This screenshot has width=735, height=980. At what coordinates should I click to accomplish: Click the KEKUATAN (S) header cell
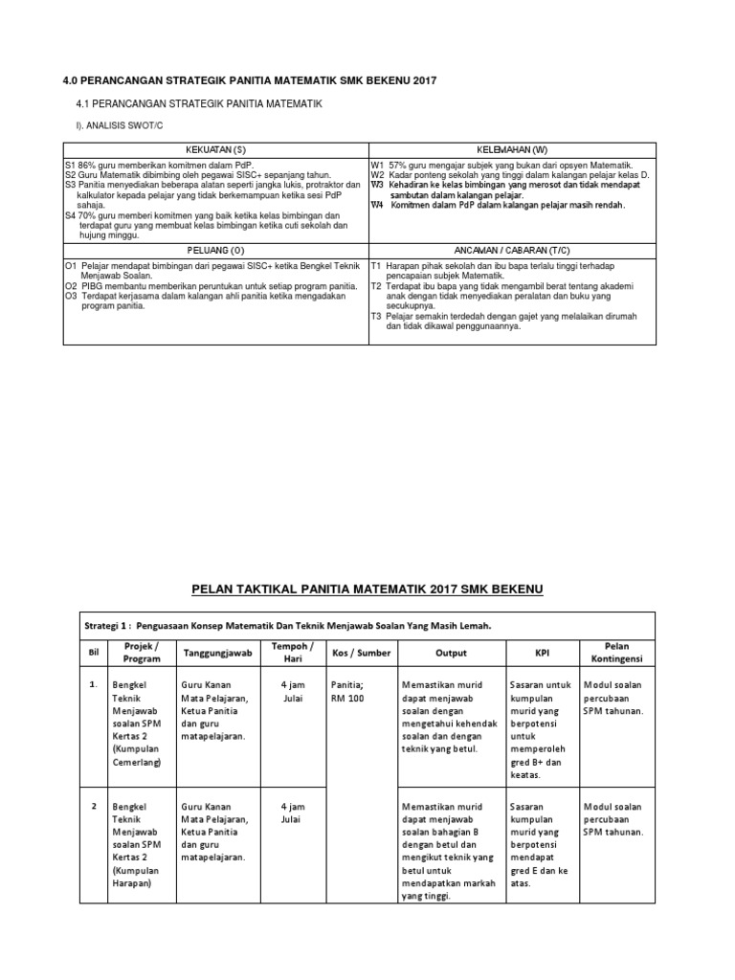[x=215, y=150]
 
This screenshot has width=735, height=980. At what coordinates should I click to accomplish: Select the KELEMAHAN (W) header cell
[x=512, y=150]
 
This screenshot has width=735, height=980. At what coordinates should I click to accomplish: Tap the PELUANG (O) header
[x=215, y=250]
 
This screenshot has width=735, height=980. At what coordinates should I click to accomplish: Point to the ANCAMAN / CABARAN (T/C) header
[x=512, y=250]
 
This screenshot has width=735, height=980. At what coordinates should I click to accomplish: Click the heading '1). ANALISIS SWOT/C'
[x=115, y=125]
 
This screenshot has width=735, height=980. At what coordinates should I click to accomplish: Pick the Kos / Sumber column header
[x=355, y=654]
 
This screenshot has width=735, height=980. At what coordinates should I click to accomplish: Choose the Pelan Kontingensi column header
[x=616, y=654]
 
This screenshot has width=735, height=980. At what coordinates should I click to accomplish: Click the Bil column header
[x=94, y=654]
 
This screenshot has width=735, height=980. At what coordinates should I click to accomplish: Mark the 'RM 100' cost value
[x=346, y=699]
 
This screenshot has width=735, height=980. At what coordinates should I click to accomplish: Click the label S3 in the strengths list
[x=70, y=185]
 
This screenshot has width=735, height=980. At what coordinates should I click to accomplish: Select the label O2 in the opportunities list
[x=71, y=287]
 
